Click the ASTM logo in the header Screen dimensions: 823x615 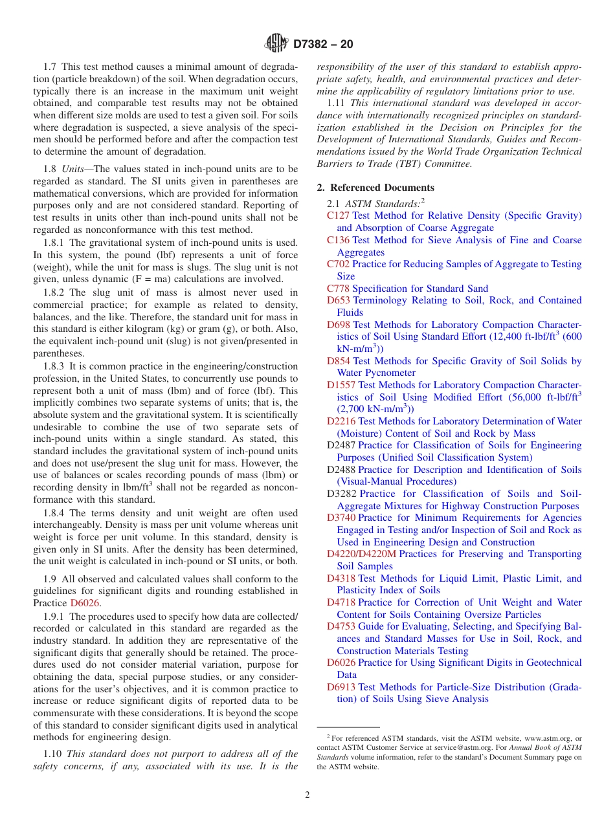[x=277, y=44]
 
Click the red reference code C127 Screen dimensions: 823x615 [x=338, y=215]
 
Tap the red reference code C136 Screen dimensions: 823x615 [x=338, y=240]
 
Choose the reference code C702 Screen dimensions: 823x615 [x=338, y=264]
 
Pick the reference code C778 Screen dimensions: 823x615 [x=338, y=289]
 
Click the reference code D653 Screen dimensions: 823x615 [x=339, y=300]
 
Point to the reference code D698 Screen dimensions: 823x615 [x=339, y=325]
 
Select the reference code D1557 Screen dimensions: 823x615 [x=341, y=385]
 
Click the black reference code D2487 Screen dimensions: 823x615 [x=341, y=445]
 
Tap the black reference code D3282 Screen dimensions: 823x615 [x=341, y=494]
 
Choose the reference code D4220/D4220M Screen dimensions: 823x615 [x=361, y=554]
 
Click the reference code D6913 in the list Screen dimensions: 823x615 [x=341, y=686]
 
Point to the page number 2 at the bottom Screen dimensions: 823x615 [x=307, y=795]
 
